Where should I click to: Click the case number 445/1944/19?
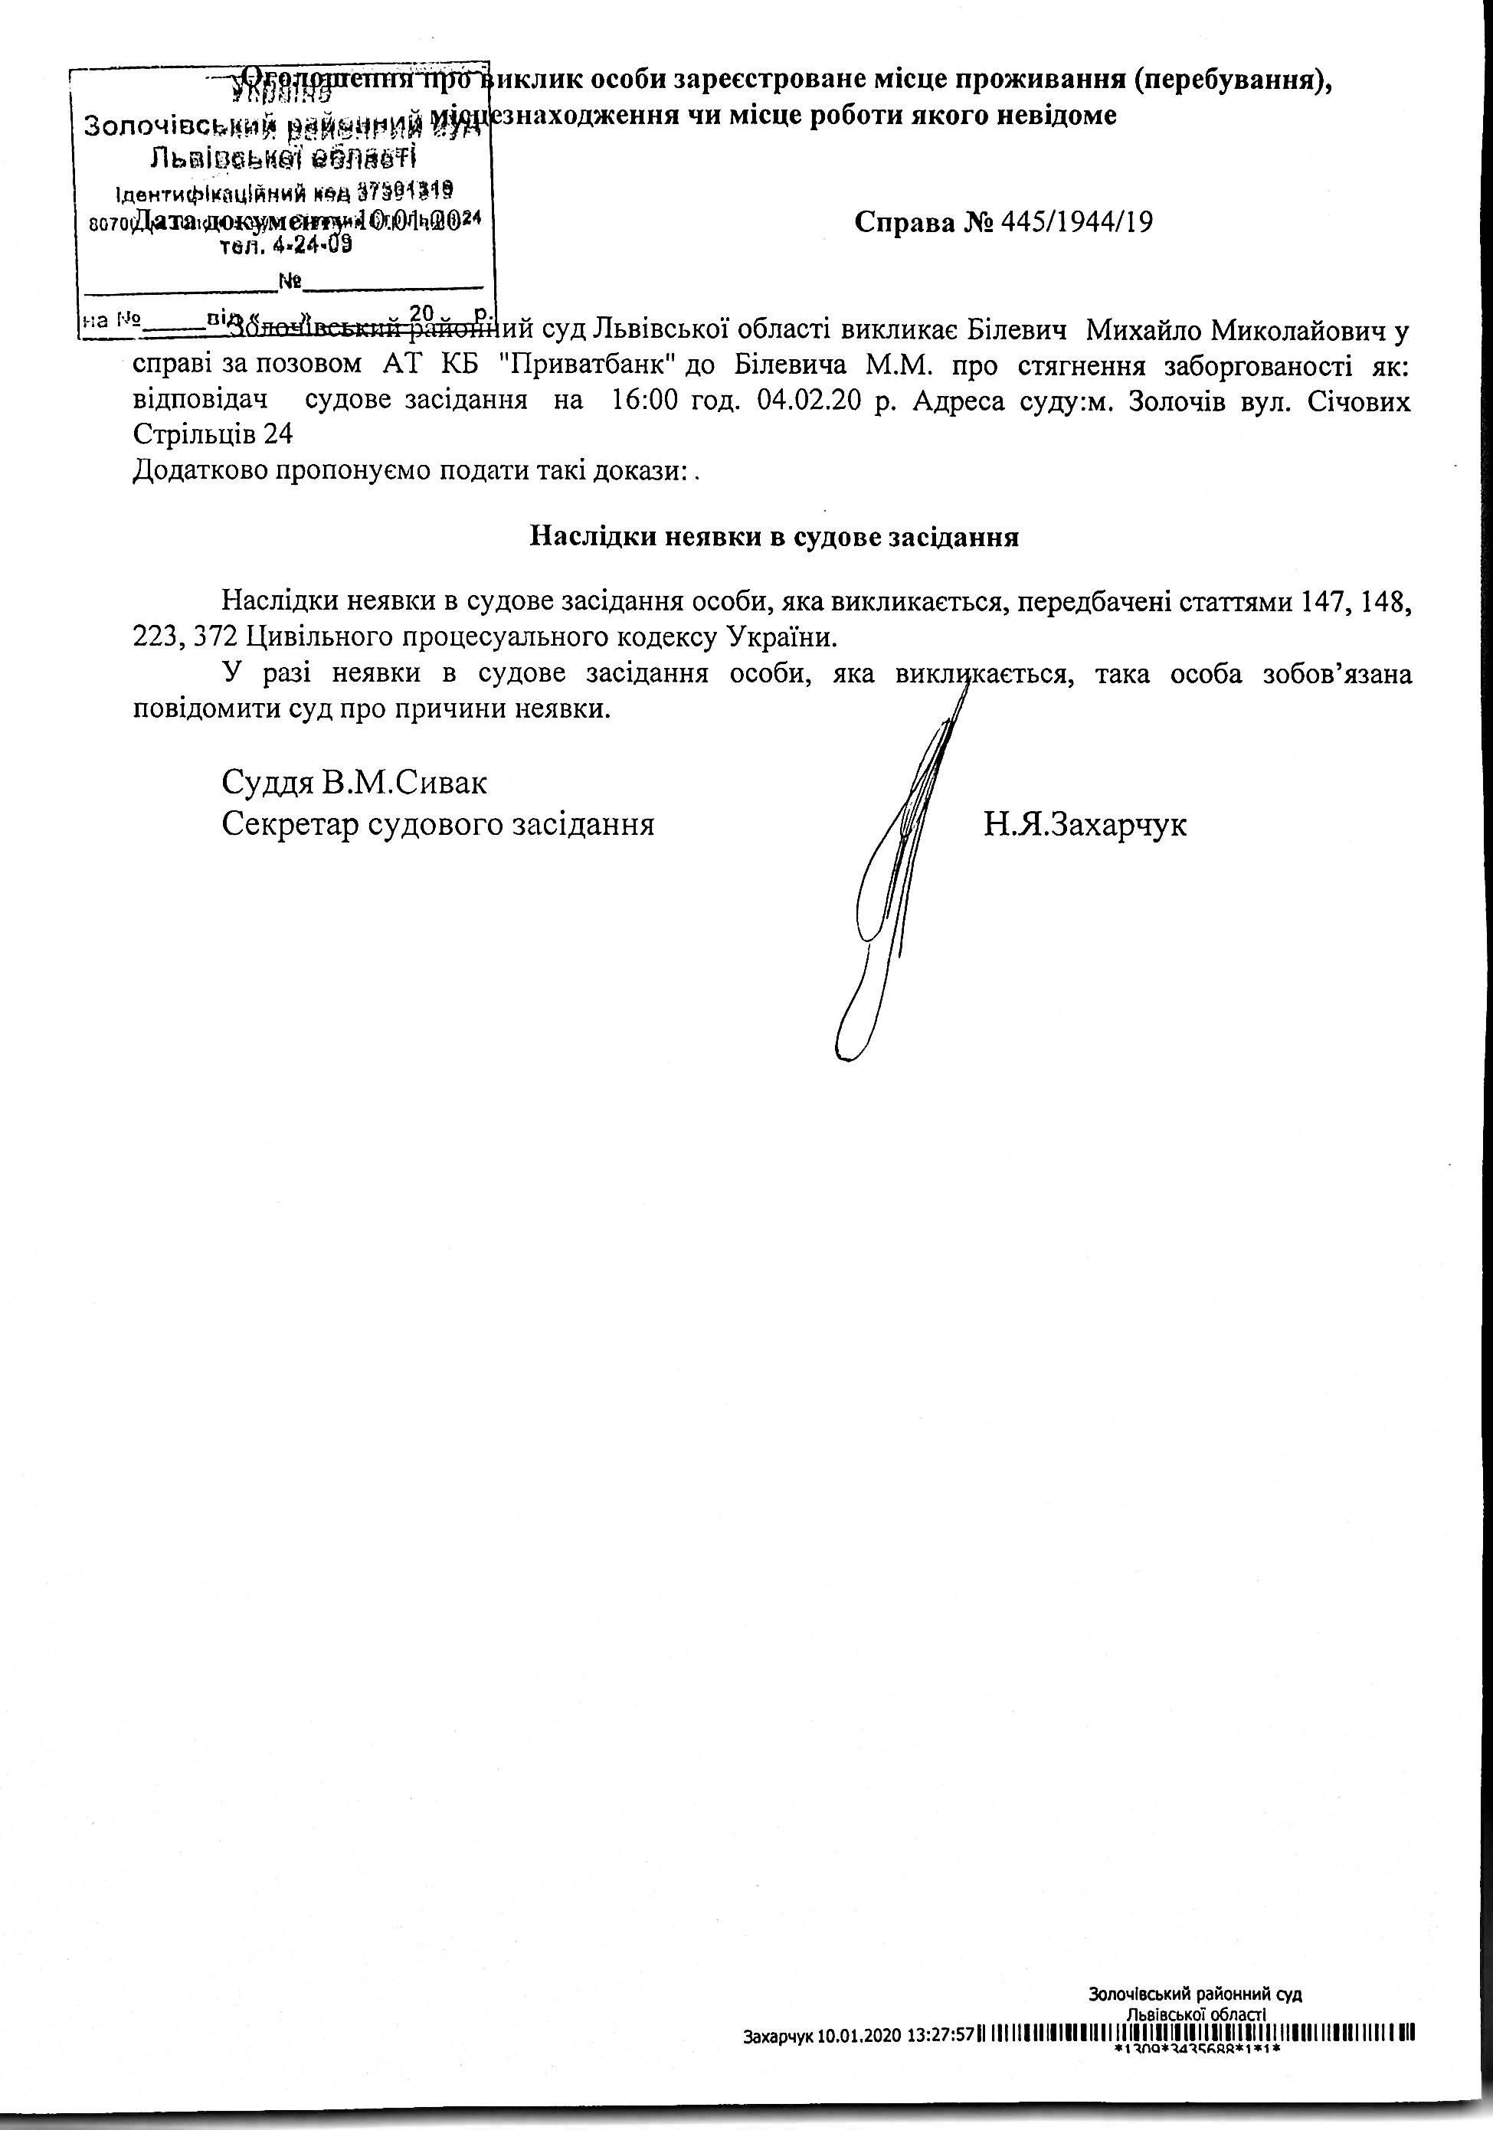[1077, 223]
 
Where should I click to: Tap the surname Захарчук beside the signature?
[1085, 824]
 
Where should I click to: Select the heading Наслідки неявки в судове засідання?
[774, 537]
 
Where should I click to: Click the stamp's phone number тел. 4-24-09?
[285, 247]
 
